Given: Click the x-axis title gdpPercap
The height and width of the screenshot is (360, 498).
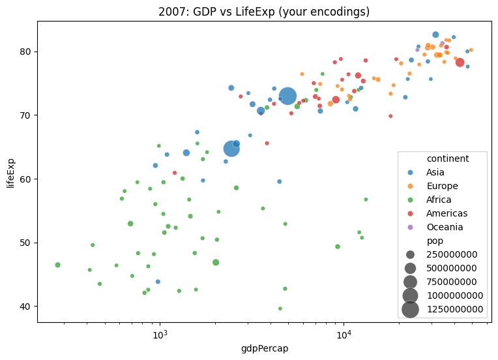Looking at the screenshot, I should tap(265, 348).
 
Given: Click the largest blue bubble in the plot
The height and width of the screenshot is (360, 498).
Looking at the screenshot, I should tap(288, 97).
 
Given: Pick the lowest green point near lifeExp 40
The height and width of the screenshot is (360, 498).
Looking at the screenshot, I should tap(280, 308).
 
